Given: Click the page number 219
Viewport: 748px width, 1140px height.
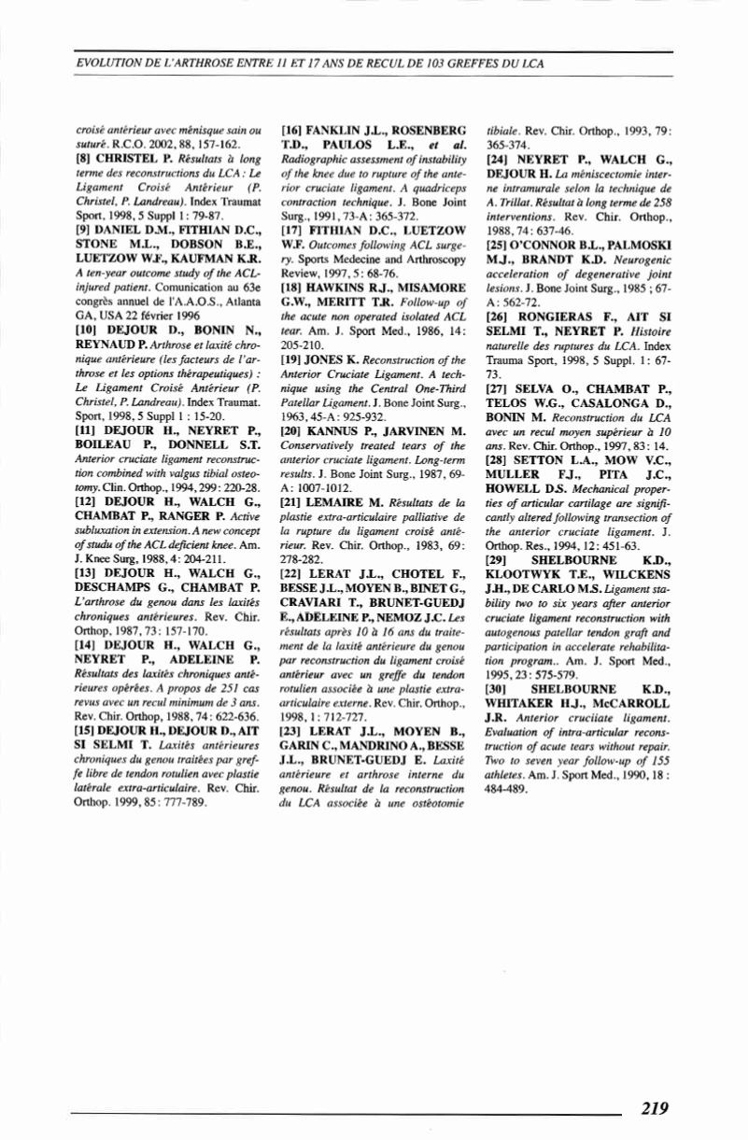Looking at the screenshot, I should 655,1109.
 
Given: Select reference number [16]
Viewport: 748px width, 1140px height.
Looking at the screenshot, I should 292,132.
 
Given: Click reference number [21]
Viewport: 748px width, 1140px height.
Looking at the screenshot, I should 292,500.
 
